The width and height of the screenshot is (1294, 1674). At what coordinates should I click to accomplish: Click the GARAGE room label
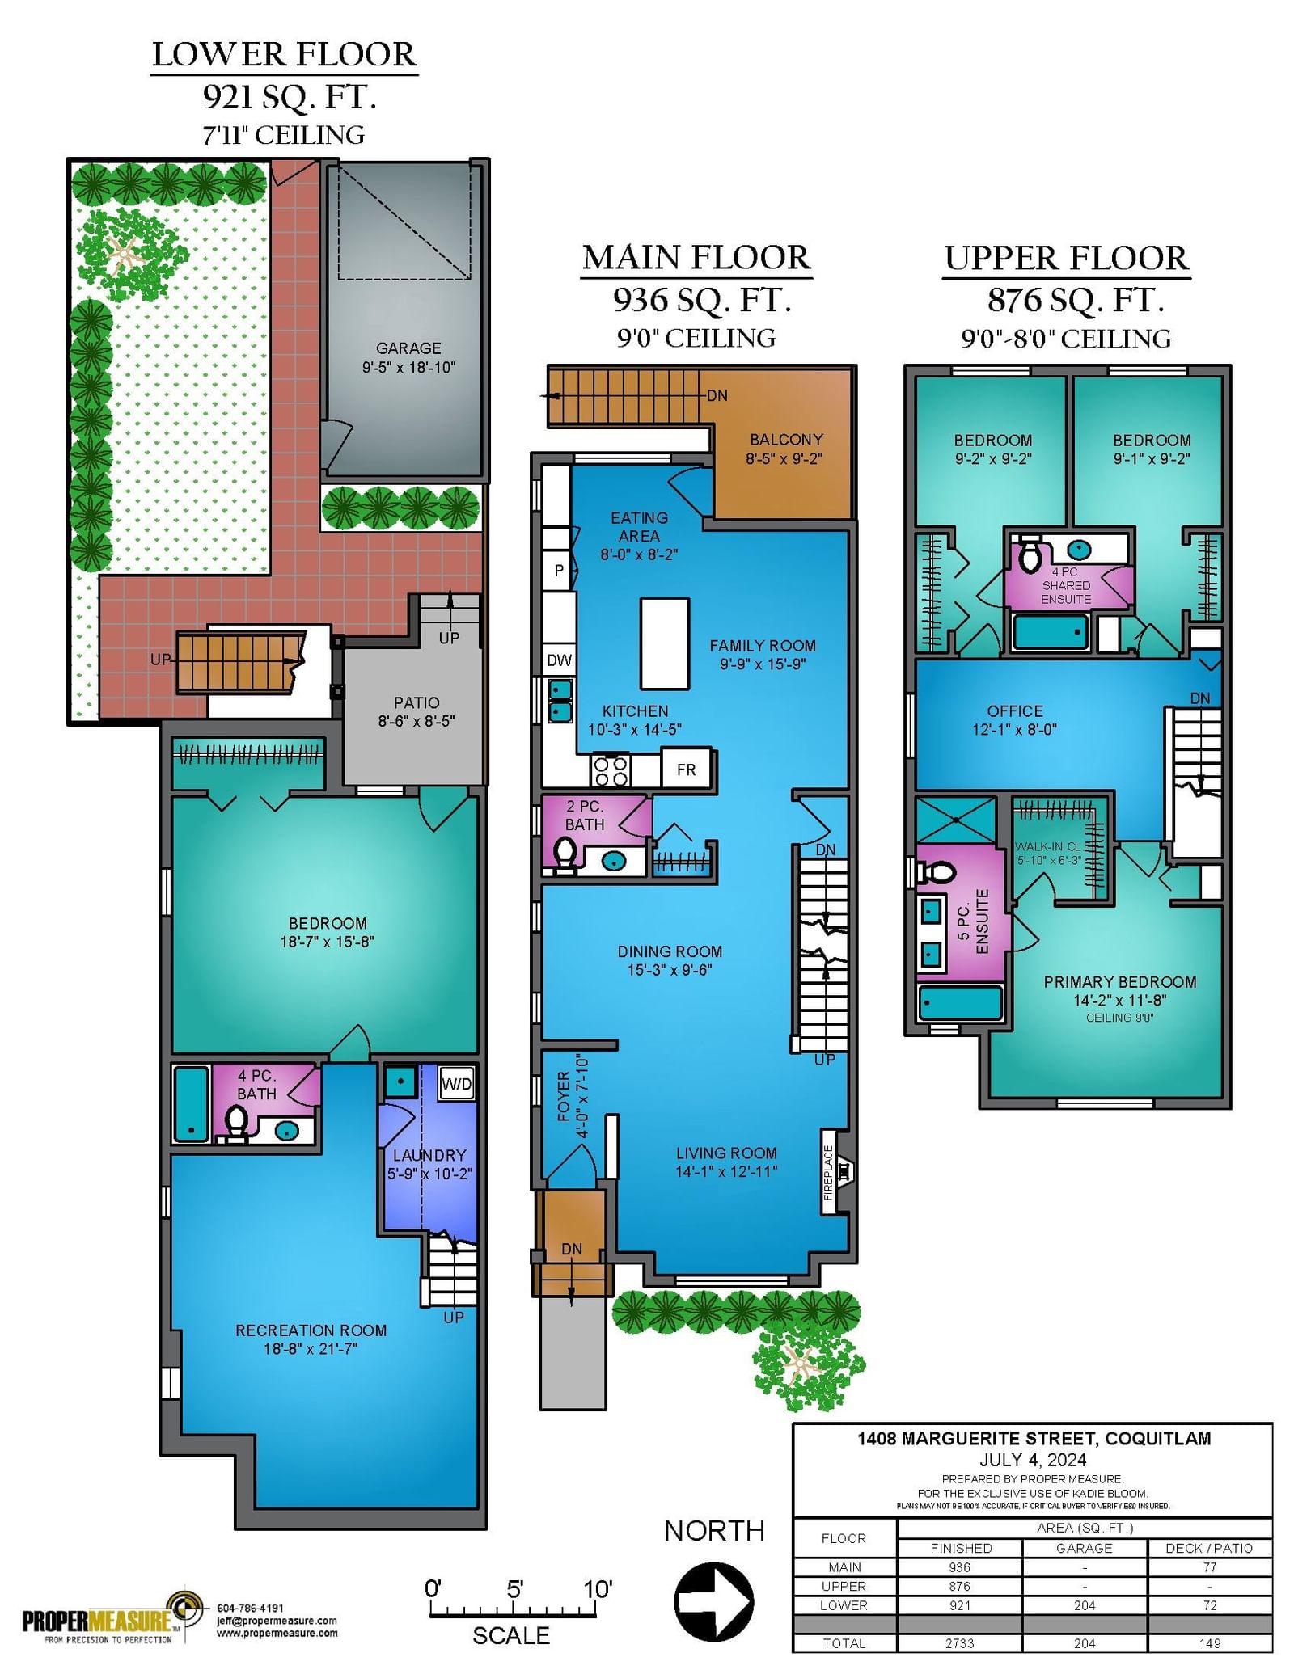(408, 348)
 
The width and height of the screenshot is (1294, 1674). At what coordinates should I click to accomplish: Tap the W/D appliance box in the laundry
(456, 1083)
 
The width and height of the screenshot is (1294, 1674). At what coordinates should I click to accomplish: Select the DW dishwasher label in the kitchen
(559, 660)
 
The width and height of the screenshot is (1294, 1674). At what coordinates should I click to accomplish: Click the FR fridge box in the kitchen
(686, 769)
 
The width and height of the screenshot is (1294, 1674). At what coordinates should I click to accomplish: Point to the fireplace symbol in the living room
(844, 1170)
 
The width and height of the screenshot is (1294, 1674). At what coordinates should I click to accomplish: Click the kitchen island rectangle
(665, 644)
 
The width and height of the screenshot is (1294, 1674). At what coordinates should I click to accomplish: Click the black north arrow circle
(714, 1602)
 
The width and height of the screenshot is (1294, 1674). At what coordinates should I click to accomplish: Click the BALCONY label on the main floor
(786, 440)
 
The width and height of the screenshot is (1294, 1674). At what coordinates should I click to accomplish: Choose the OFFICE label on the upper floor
(1015, 711)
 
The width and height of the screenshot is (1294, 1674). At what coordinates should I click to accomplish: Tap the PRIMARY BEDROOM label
(1120, 982)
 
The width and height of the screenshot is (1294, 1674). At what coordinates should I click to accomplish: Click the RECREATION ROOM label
(311, 1330)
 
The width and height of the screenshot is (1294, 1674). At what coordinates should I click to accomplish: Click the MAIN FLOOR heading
(696, 258)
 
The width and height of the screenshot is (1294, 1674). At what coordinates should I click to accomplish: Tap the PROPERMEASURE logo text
(96, 1621)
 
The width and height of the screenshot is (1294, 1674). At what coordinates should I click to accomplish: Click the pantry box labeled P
(559, 570)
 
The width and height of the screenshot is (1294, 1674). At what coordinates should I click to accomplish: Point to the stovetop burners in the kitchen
(611, 770)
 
